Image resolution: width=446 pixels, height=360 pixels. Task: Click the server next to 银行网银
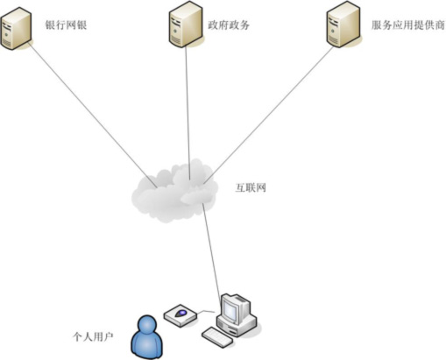coord(16,28)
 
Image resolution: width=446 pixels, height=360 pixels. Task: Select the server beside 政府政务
coord(186,25)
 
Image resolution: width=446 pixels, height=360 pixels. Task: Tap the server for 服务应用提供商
coord(343,25)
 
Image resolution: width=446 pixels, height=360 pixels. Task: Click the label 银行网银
coord(66,25)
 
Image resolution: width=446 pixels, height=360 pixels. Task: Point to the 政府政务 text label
coord(229,25)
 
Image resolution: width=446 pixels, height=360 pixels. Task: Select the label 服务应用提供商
coord(408,25)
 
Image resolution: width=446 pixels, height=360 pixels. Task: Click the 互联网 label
coord(251,187)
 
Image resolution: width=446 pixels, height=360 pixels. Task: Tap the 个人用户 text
coord(93,336)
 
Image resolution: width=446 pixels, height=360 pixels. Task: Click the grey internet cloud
coord(174,191)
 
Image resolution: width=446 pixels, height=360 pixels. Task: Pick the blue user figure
coord(146,336)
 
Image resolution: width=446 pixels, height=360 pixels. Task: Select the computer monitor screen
coord(230,310)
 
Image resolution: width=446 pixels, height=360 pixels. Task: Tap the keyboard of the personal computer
coord(217,337)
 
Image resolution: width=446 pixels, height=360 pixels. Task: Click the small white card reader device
coord(181,315)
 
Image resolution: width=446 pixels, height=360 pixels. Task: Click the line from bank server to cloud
coord(93,116)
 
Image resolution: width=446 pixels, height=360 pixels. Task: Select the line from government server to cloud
coord(188,113)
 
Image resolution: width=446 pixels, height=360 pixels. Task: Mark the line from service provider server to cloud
coord(268,116)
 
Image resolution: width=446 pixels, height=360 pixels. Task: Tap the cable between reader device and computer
coord(207,312)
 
